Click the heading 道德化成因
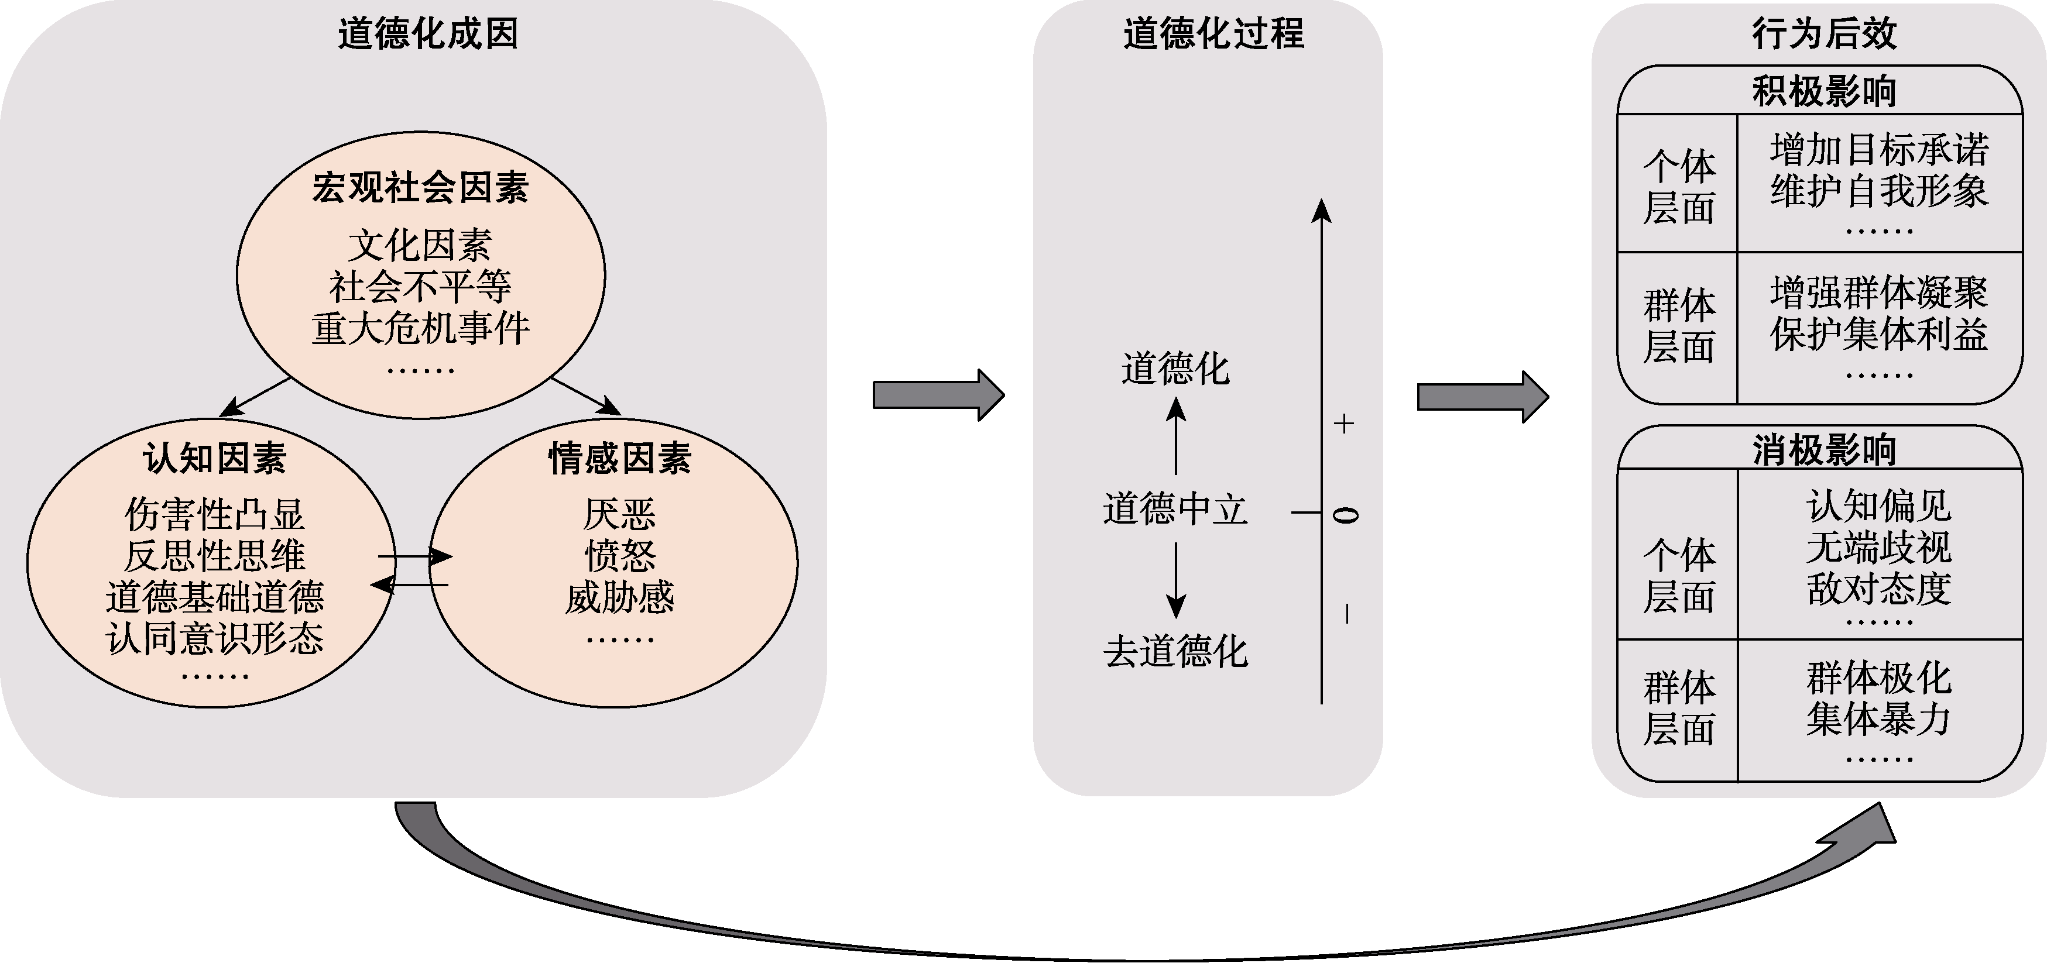click(x=427, y=34)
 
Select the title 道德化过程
click(x=1213, y=34)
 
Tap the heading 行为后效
click(x=1825, y=34)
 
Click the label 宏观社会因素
click(x=420, y=188)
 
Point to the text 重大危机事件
click(x=420, y=329)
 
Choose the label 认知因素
click(x=215, y=459)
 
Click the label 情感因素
click(x=620, y=459)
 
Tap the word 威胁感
click(x=620, y=597)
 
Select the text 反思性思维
click(x=215, y=555)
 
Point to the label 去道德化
click(x=1175, y=652)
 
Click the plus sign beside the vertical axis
click(x=1344, y=424)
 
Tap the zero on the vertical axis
click(x=1345, y=515)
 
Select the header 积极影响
click(x=1825, y=91)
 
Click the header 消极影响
click(x=1825, y=450)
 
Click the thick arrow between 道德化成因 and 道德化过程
click(x=938, y=395)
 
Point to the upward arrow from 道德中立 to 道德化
click(x=1176, y=437)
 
